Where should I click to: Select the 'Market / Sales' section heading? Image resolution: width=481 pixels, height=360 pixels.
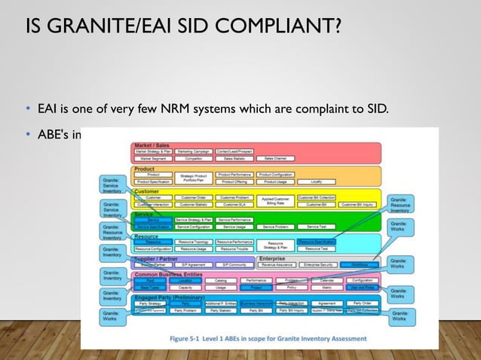153,144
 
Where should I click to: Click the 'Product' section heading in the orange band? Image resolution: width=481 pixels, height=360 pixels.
145,169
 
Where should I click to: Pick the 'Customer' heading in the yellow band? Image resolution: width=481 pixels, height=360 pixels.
147,191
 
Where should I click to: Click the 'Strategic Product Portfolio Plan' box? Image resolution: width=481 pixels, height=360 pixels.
194,178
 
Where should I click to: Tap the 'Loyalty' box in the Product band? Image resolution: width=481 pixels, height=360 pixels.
317,182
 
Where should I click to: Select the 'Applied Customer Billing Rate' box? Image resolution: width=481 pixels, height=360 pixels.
275,200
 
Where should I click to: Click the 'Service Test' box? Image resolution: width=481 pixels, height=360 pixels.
316,227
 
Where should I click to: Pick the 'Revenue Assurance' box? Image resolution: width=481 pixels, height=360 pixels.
275,265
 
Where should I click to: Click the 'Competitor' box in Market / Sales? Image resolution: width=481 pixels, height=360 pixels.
194,159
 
